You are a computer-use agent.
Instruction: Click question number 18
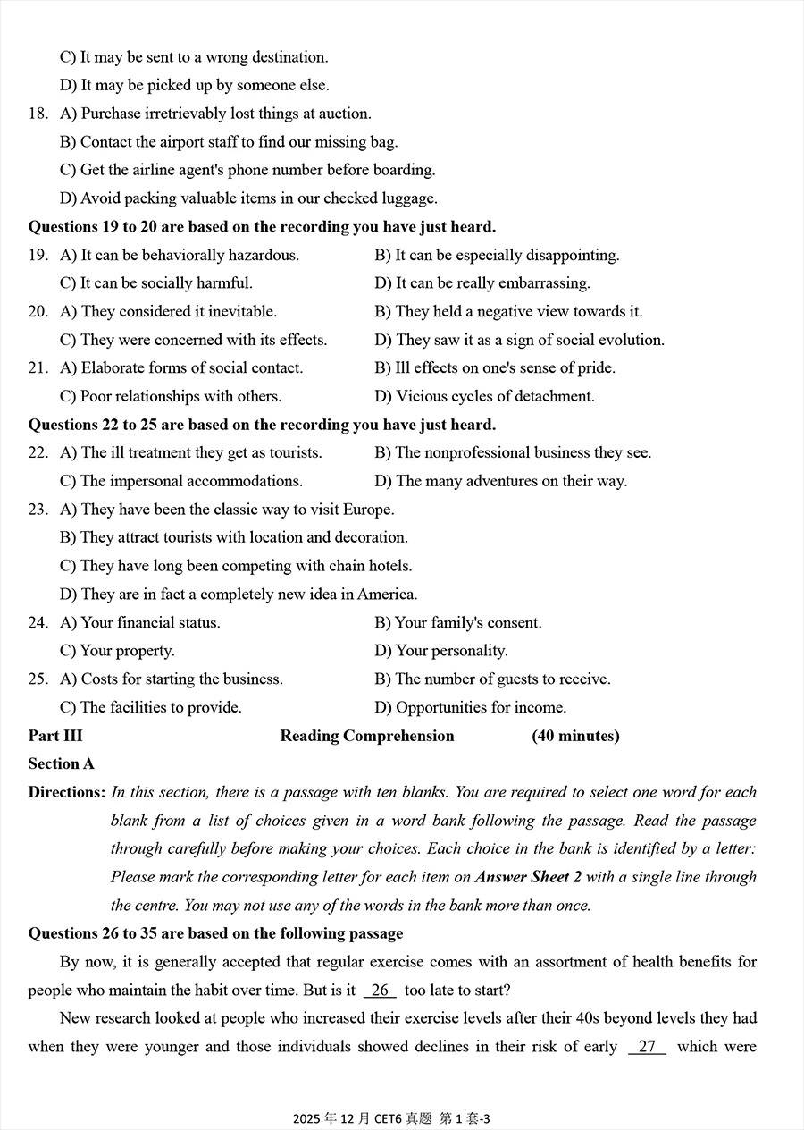[x=38, y=114]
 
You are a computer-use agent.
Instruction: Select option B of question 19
[x=497, y=255]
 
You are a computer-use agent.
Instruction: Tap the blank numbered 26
[x=380, y=991]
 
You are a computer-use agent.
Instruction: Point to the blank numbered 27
[x=647, y=1047]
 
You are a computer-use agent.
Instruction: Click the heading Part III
[x=55, y=736]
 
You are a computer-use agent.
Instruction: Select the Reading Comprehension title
[x=367, y=736]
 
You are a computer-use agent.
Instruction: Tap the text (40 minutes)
[x=575, y=736]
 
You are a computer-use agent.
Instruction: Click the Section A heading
[x=61, y=763]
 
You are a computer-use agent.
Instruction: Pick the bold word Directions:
[x=67, y=792]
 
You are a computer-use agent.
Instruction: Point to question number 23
[x=38, y=510]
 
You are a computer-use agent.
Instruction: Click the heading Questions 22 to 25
[x=262, y=425]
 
